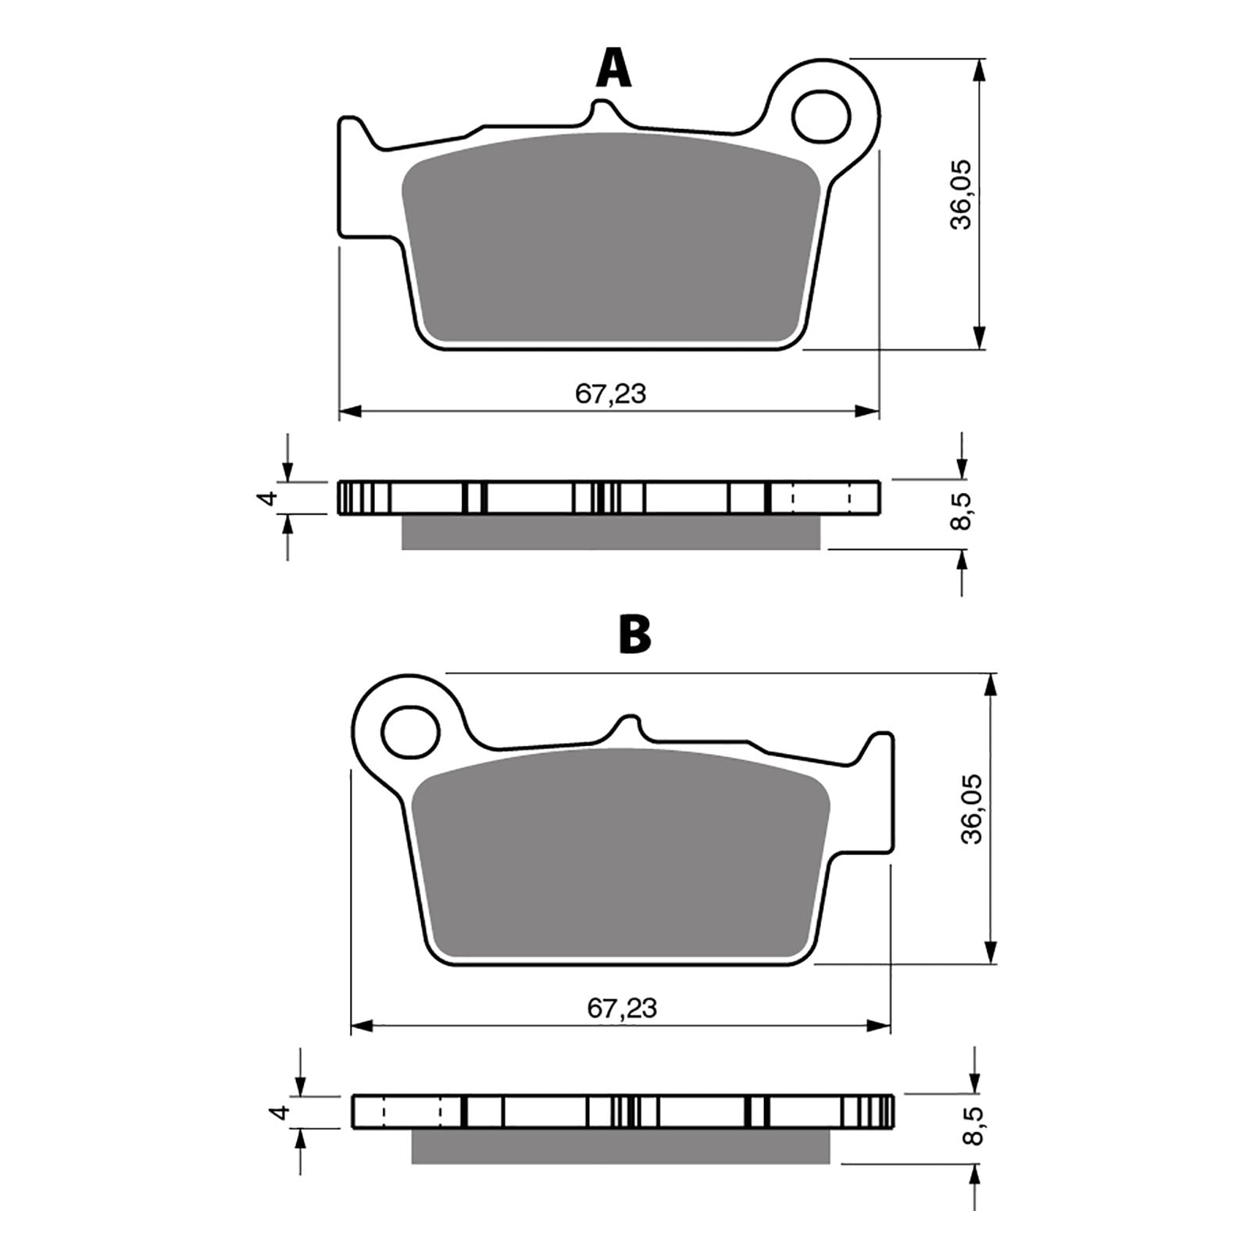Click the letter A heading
pyautogui.click(x=613, y=68)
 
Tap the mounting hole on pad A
pyautogui.click(x=820, y=117)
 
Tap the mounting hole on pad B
pyautogui.click(x=411, y=731)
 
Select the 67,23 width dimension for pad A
pyautogui.click(x=610, y=394)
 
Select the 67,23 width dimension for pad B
pyautogui.click(x=622, y=1008)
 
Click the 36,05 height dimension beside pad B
pyautogui.click(x=973, y=809)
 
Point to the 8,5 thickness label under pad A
pyautogui.click(x=962, y=512)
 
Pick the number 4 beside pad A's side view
pyautogui.click(x=268, y=498)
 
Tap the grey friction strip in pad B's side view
pyautogui.click(x=621, y=1146)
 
